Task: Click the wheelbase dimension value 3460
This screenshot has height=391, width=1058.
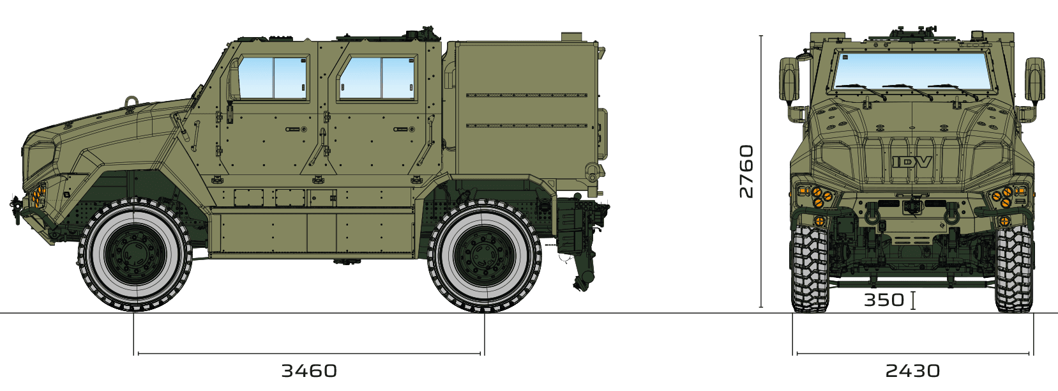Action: click(309, 371)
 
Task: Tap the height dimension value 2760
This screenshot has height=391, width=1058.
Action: click(746, 171)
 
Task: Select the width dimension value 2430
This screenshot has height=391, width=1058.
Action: click(912, 371)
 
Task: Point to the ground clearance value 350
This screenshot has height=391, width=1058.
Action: click(884, 300)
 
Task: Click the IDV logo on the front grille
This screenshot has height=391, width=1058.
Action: click(912, 162)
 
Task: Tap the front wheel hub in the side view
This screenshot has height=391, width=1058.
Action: click(135, 255)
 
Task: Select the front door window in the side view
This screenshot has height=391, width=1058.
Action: click(273, 78)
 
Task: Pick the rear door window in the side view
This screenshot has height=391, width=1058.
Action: click(377, 78)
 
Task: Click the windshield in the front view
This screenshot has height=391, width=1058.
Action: click(912, 70)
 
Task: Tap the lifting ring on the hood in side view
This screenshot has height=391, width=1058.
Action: click(132, 102)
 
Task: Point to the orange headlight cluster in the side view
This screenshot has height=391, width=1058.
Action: click(38, 195)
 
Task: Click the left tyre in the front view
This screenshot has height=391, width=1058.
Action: click(810, 268)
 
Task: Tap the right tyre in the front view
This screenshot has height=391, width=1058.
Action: click(1015, 268)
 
